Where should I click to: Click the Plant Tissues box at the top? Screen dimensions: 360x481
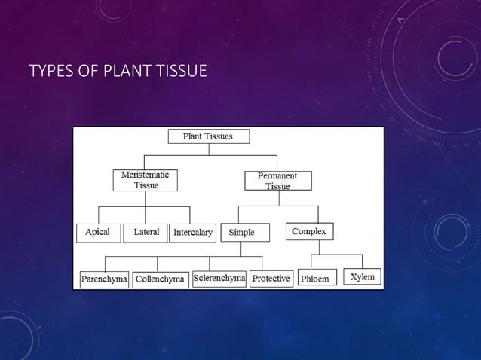coord(208,136)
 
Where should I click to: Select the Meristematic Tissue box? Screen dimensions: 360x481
coord(146,179)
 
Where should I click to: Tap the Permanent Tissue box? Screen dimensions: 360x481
coord(277,181)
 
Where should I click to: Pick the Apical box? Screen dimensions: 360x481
coord(97,232)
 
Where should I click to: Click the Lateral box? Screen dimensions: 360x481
coord(146,232)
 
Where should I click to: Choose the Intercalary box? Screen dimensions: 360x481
coord(193,233)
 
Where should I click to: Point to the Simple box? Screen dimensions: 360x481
coord(241,233)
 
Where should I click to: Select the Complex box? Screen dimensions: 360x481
coord(309,232)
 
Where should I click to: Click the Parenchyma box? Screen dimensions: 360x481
coord(104,279)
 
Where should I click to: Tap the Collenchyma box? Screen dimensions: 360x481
coord(160,279)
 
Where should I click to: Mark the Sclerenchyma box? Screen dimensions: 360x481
coord(219,278)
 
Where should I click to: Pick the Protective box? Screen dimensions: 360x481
coord(271,279)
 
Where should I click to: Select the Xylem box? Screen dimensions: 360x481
coord(361,277)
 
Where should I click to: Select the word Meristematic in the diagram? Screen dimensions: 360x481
coord(146,174)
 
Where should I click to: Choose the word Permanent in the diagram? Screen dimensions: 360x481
coord(277,175)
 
